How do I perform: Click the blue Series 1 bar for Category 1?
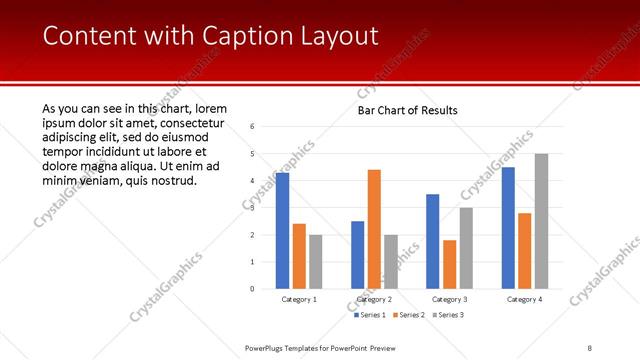coord(282,231)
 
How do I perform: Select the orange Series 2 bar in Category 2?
coord(374,229)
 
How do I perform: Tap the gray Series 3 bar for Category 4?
coord(541,221)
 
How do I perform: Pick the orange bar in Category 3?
coord(449,264)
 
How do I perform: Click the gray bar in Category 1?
coord(316,262)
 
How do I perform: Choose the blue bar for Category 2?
coord(357,255)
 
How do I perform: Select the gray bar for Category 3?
coord(466,248)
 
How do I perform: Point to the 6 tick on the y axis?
coord(252,127)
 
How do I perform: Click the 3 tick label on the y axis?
coord(252,208)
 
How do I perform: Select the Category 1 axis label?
coord(299,299)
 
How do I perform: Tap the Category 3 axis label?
coord(449,299)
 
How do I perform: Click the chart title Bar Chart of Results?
coord(407,109)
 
